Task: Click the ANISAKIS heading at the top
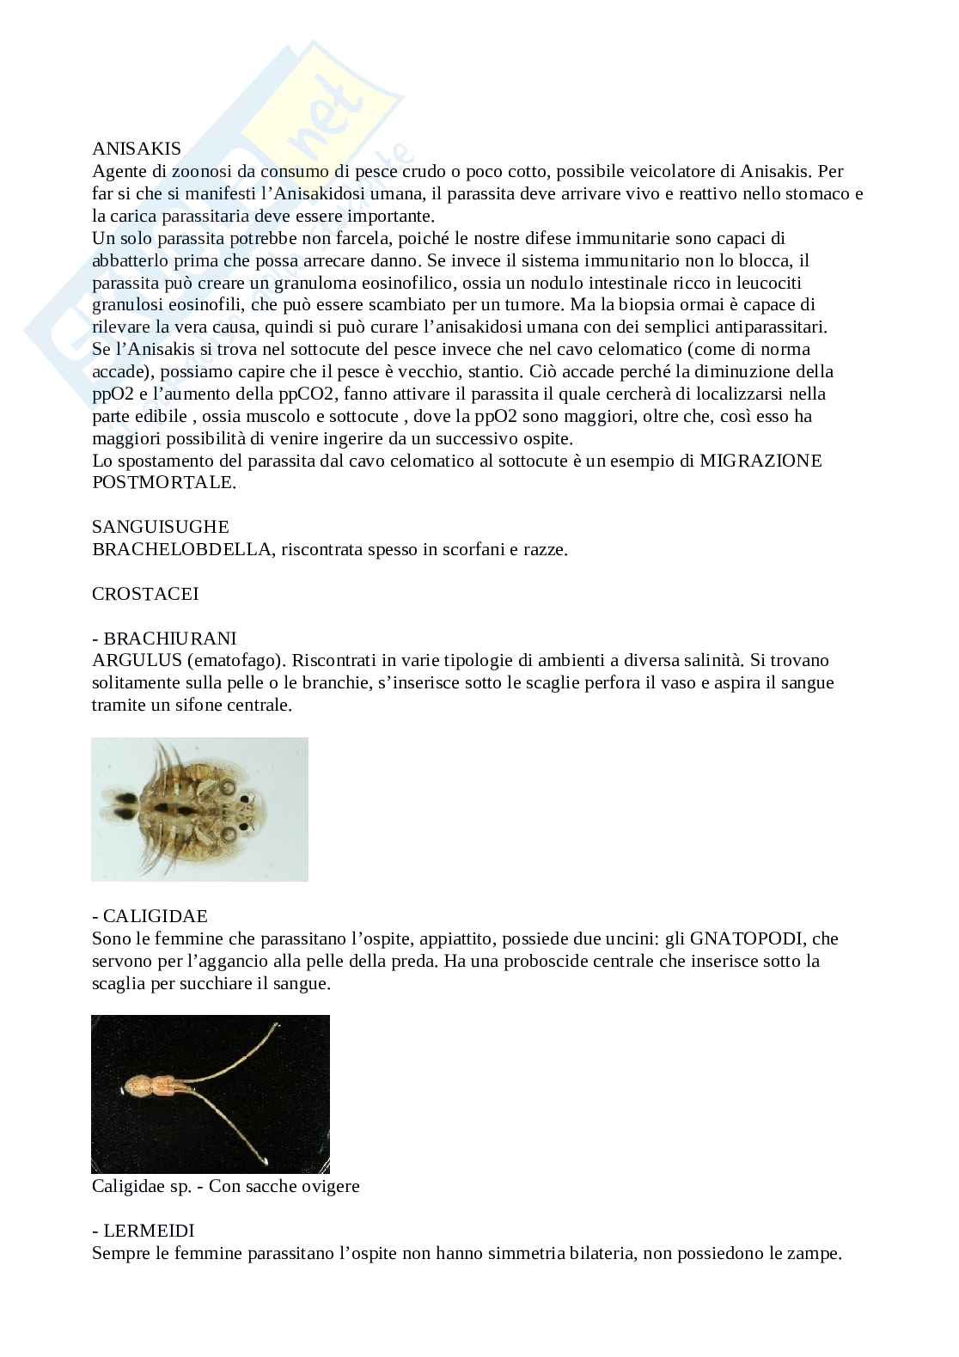click(136, 150)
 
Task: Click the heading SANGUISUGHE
click(161, 527)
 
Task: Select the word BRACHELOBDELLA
click(181, 549)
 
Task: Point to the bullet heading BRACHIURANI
click(169, 639)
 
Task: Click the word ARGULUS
click(130, 661)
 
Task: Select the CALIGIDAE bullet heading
click(155, 917)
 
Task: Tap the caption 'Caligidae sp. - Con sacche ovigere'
click(225, 1187)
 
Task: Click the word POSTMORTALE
click(162, 482)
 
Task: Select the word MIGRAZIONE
click(760, 461)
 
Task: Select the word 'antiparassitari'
click(769, 327)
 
